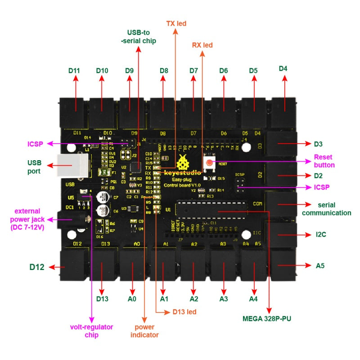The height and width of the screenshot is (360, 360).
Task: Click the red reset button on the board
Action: pos(210,162)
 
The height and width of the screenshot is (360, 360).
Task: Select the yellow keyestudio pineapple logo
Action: pos(184,162)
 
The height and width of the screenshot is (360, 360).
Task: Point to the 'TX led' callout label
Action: pos(176,23)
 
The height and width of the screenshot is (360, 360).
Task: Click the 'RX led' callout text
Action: pos(202,45)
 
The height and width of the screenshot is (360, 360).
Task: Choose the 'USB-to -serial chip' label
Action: pos(141,36)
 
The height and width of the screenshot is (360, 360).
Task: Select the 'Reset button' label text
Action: pos(324,161)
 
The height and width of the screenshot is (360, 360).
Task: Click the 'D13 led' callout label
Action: pos(184,311)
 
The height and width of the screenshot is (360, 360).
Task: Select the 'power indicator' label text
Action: pos(145,331)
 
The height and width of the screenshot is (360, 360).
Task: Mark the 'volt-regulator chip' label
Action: pos(92,331)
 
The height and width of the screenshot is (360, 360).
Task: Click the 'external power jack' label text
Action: pos(27,219)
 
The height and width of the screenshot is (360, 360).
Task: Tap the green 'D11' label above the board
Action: pos(74,71)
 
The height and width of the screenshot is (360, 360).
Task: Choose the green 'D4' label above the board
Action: pos(283,68)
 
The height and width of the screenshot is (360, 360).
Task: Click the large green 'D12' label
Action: pos(37,267)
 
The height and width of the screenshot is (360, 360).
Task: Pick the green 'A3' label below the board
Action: pos(224,298)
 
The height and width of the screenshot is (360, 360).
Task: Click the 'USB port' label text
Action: pos(34,166)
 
